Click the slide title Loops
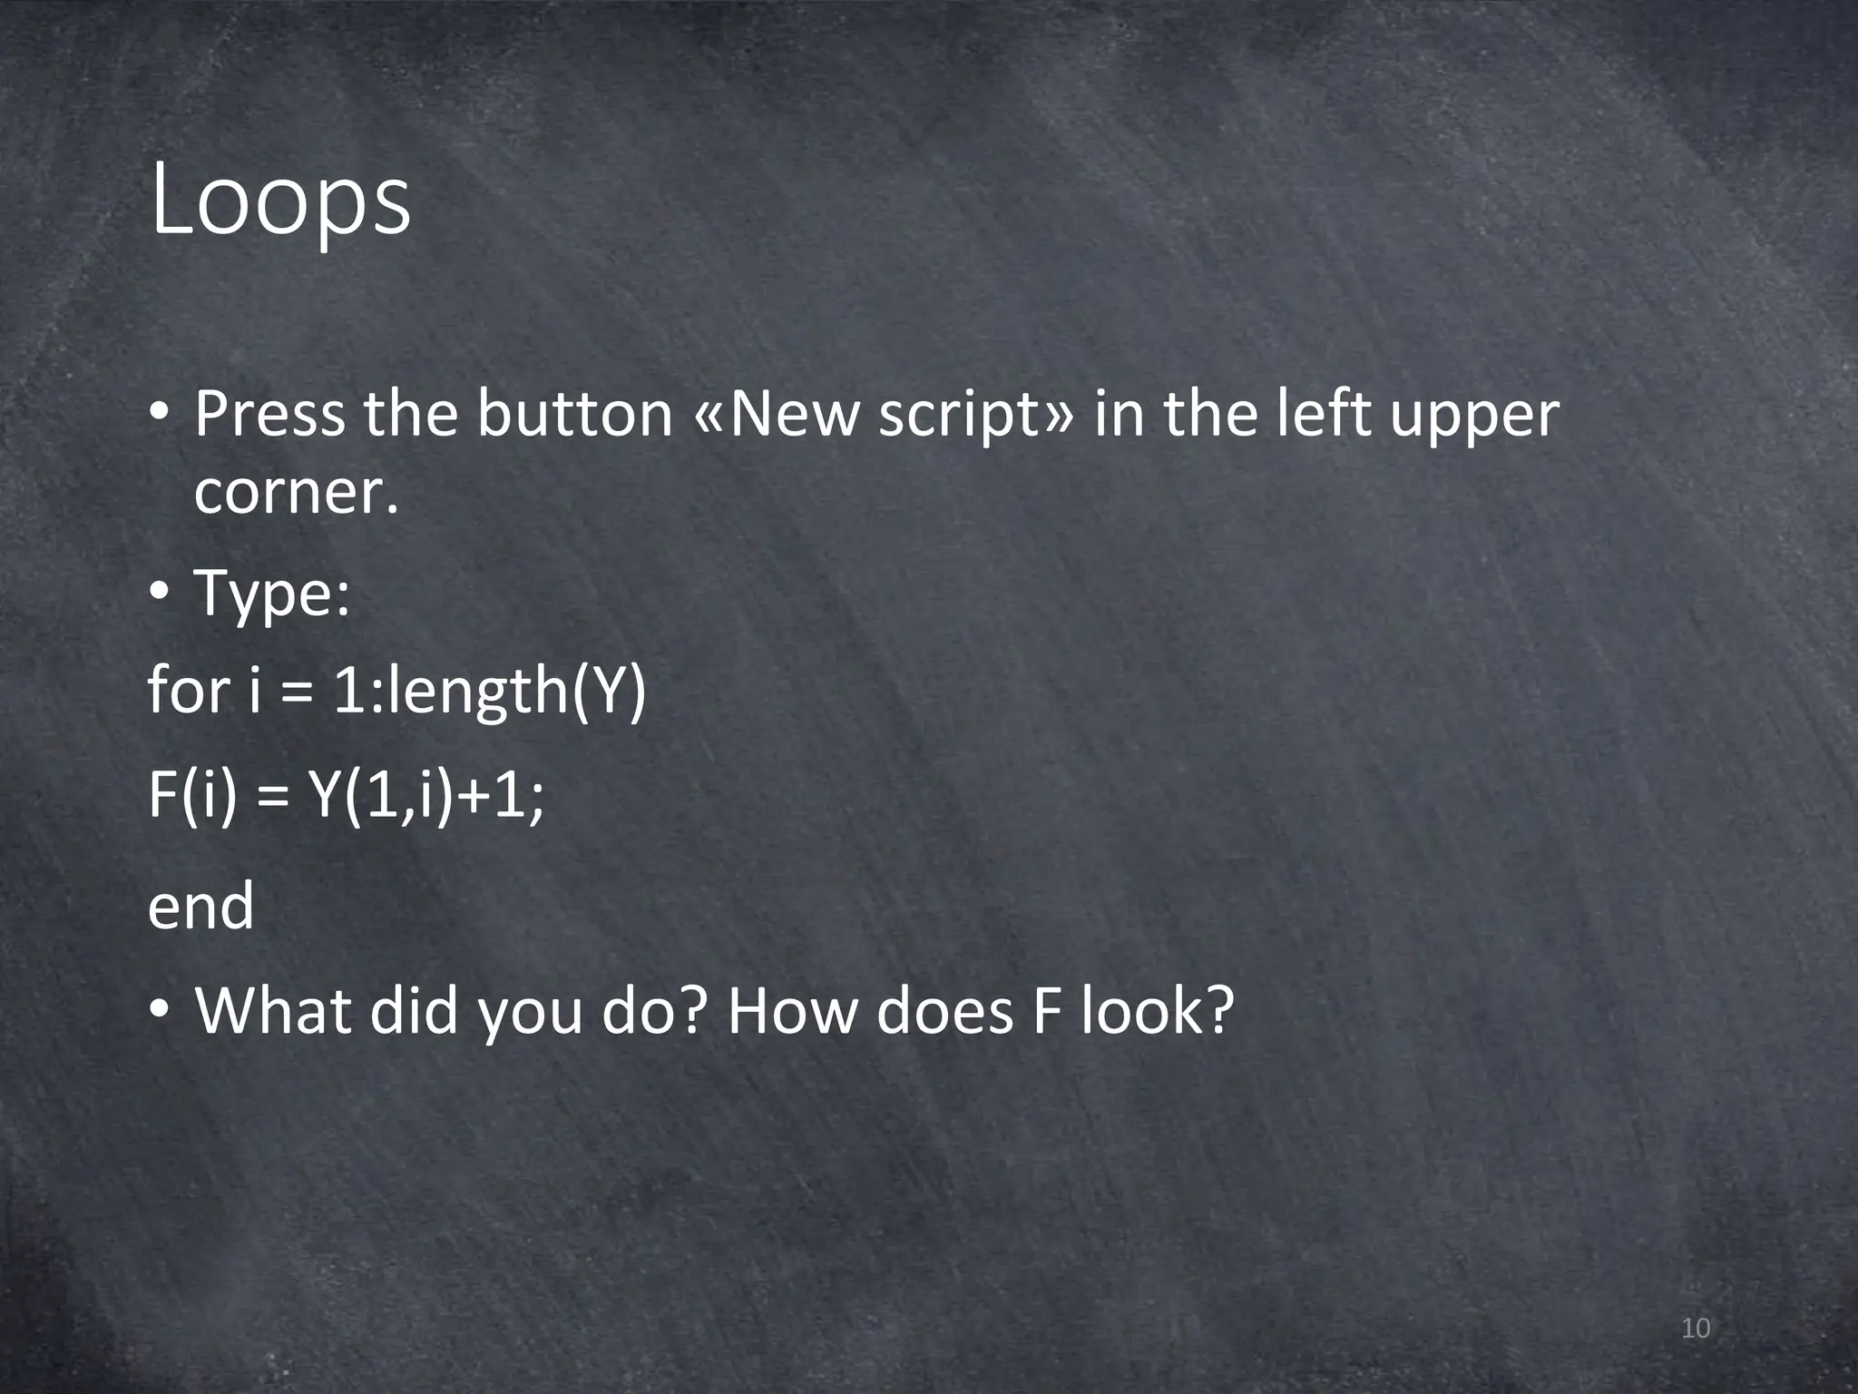coord(280,202)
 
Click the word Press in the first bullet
coord(269,414)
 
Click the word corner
coord(296,493)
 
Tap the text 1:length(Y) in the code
coord(489,692)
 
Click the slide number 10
coord(1695,1330)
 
